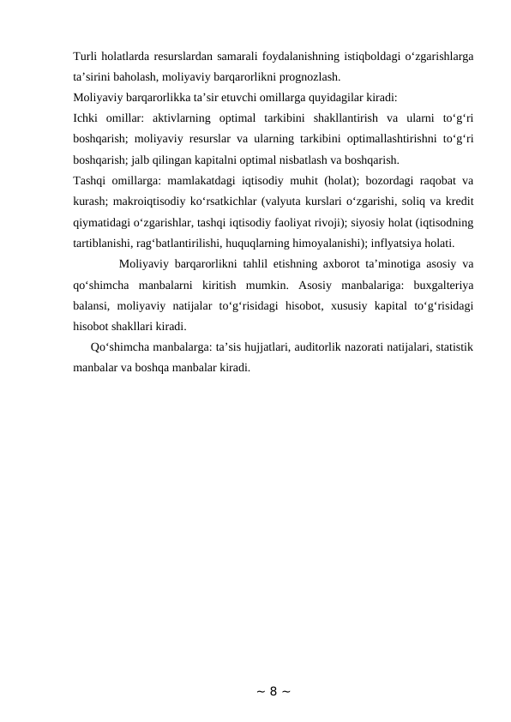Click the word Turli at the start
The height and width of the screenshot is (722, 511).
pos(86,57)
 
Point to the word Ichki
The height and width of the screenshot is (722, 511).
pos(88,117)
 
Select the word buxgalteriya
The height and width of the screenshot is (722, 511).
pos(445,284)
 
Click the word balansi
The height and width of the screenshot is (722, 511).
pos(93,304)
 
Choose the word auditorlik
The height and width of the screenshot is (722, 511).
pos(322,347)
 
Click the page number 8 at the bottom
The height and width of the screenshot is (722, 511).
pos(255,691)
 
